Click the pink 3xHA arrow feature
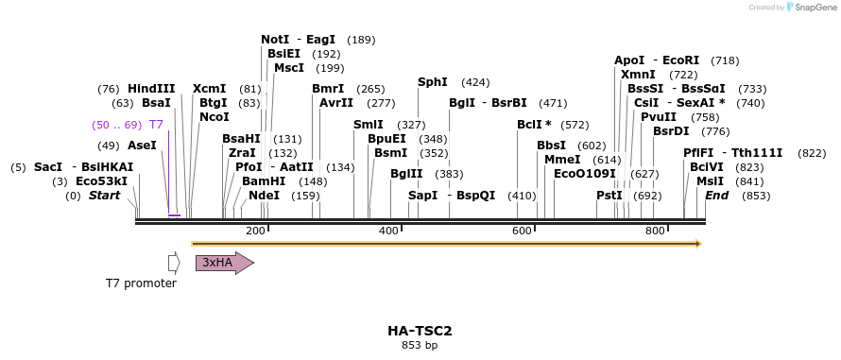[x=223, y=263]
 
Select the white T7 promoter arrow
[x=173, y=263]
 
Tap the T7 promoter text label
[x=141, y=283]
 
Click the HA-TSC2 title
[x=420, y=331]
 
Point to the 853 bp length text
[x=420, y=345]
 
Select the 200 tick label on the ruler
[x=255, y=231]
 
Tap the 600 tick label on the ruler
[x=522, y=231]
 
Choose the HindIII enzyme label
[x=151, y=89]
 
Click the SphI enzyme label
[x=432, y=82]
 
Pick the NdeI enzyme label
[x=264, y=196]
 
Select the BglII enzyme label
[x=406, y=174]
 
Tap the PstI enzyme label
[x=609, y=196]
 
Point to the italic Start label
[x=104, y=196]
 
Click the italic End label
[x=716, y=196]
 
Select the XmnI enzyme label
[x=638, y=75]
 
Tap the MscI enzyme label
[x=288, y=68]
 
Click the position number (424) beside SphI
[x=475, y=82]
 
